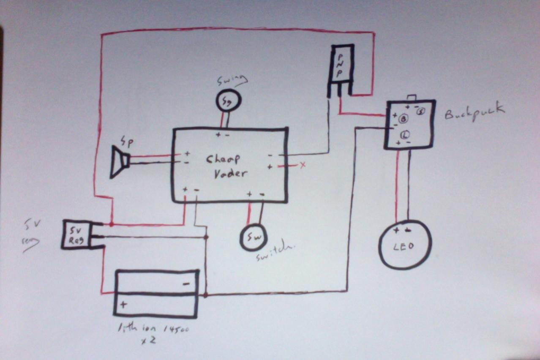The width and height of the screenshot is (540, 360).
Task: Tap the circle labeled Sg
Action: (x=228, y=100)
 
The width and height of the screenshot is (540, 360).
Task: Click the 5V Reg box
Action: (x=76, y=235)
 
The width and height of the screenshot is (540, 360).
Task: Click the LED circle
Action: (x=405, y=245)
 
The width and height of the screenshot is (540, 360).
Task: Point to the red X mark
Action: (x=303, y=165)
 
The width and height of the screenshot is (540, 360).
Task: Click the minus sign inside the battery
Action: (x=186, y=284)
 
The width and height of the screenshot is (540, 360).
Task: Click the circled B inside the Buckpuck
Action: (x=403, y=119)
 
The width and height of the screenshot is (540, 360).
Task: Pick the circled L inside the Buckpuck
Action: (x=404, y=135)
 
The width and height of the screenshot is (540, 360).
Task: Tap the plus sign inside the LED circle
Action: (x=396, y=230)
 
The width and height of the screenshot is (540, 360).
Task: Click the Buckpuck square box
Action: (x=409, y=124)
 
